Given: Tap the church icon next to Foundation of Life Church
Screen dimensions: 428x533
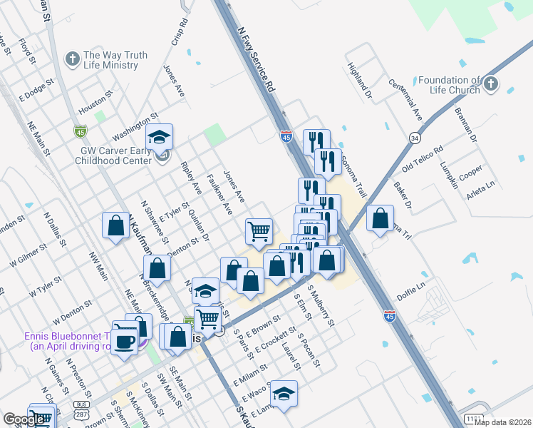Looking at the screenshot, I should [490, 85].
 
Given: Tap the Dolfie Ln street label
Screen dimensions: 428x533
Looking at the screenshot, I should [411, 290].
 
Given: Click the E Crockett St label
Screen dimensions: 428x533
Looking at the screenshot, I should [274, 342].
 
